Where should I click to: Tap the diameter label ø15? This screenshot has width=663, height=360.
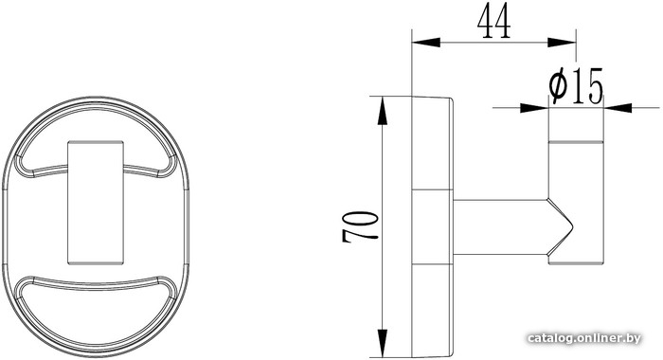576,87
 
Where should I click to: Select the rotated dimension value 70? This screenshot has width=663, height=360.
359,226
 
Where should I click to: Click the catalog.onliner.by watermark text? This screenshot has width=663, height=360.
584,338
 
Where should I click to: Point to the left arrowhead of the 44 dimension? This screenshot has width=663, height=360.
426,43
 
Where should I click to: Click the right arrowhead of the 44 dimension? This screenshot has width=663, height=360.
562,43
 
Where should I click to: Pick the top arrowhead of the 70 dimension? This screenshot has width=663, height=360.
383,111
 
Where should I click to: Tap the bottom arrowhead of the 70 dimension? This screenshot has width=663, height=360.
383,343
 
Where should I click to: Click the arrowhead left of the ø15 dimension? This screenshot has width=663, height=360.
534,108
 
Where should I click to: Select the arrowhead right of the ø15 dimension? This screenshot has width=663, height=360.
618,108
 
